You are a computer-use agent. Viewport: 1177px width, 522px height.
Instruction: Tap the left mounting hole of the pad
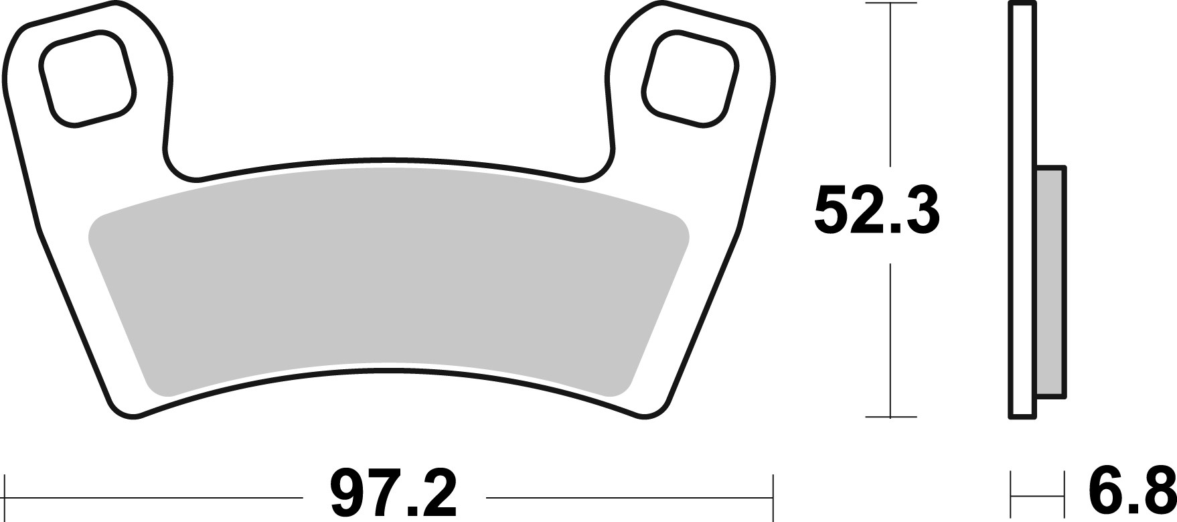point(88,78)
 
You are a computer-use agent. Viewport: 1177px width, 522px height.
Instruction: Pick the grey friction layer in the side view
point(1049,281)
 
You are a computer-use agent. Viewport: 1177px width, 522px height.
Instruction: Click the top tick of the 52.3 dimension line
point(890,3)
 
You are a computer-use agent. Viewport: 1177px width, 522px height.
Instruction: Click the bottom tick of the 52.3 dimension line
point(890,417)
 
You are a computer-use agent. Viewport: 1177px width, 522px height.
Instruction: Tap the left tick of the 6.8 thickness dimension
point(1011,497)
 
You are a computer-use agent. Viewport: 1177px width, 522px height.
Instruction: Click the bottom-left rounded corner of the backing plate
point(124,410)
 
